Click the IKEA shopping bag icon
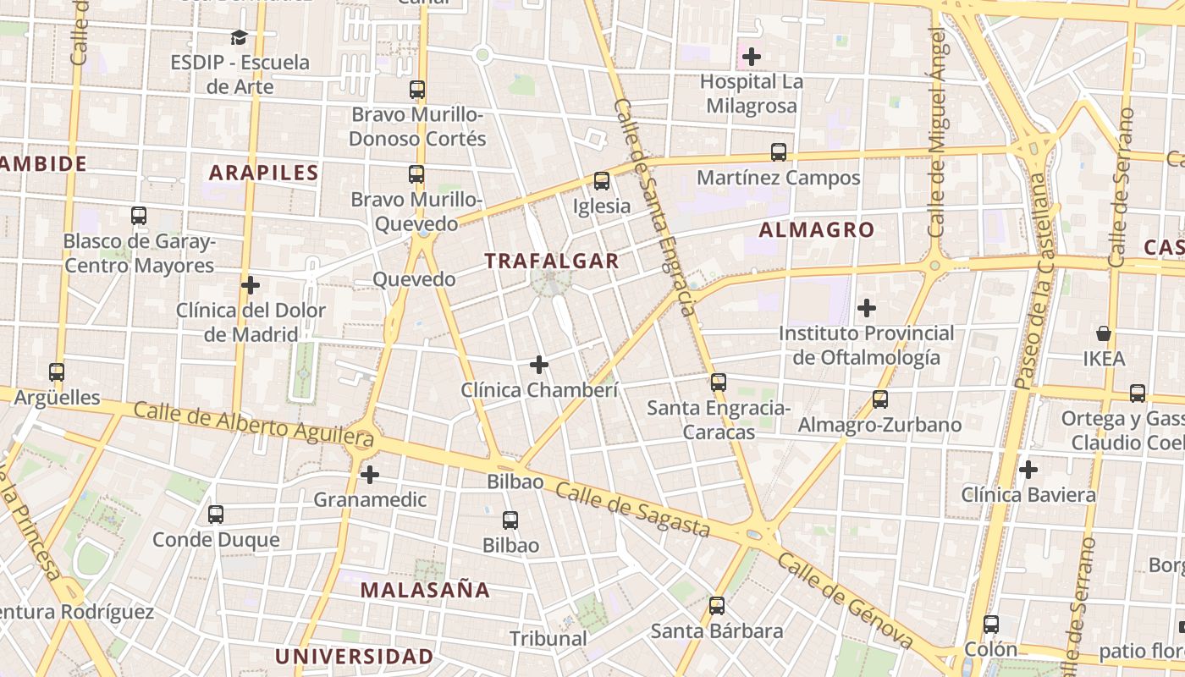point(1104,333)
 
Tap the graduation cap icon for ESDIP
point(239,37)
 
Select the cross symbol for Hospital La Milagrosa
point(751,57)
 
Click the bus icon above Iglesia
point(602,180)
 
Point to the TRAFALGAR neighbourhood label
point(552,261)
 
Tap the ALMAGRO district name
point(816,229)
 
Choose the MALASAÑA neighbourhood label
point(425,590)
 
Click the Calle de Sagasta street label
point(632,510)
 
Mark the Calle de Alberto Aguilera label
point(254,424)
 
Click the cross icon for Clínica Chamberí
point(539,365)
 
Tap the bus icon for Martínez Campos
point(779,152)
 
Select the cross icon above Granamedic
point(370,475)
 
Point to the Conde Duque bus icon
point(216,515)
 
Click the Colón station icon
point(991,625)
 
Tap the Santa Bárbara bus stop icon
point(717,606)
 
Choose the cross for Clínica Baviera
point(1028,469)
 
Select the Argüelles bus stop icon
point(57,372)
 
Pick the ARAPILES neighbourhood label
point(263,173)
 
